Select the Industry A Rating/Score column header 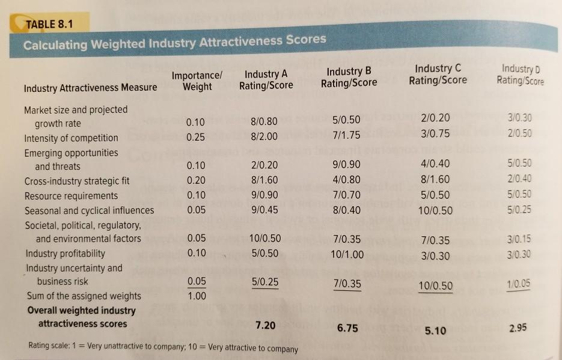(x=266, y=80)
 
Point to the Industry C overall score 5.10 (x=435, y=330)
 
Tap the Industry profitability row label (x=64, y=253)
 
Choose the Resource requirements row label (x=71, y=195)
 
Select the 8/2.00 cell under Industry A (x=265, y=136)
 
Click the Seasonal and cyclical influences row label (x=89, y=210)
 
